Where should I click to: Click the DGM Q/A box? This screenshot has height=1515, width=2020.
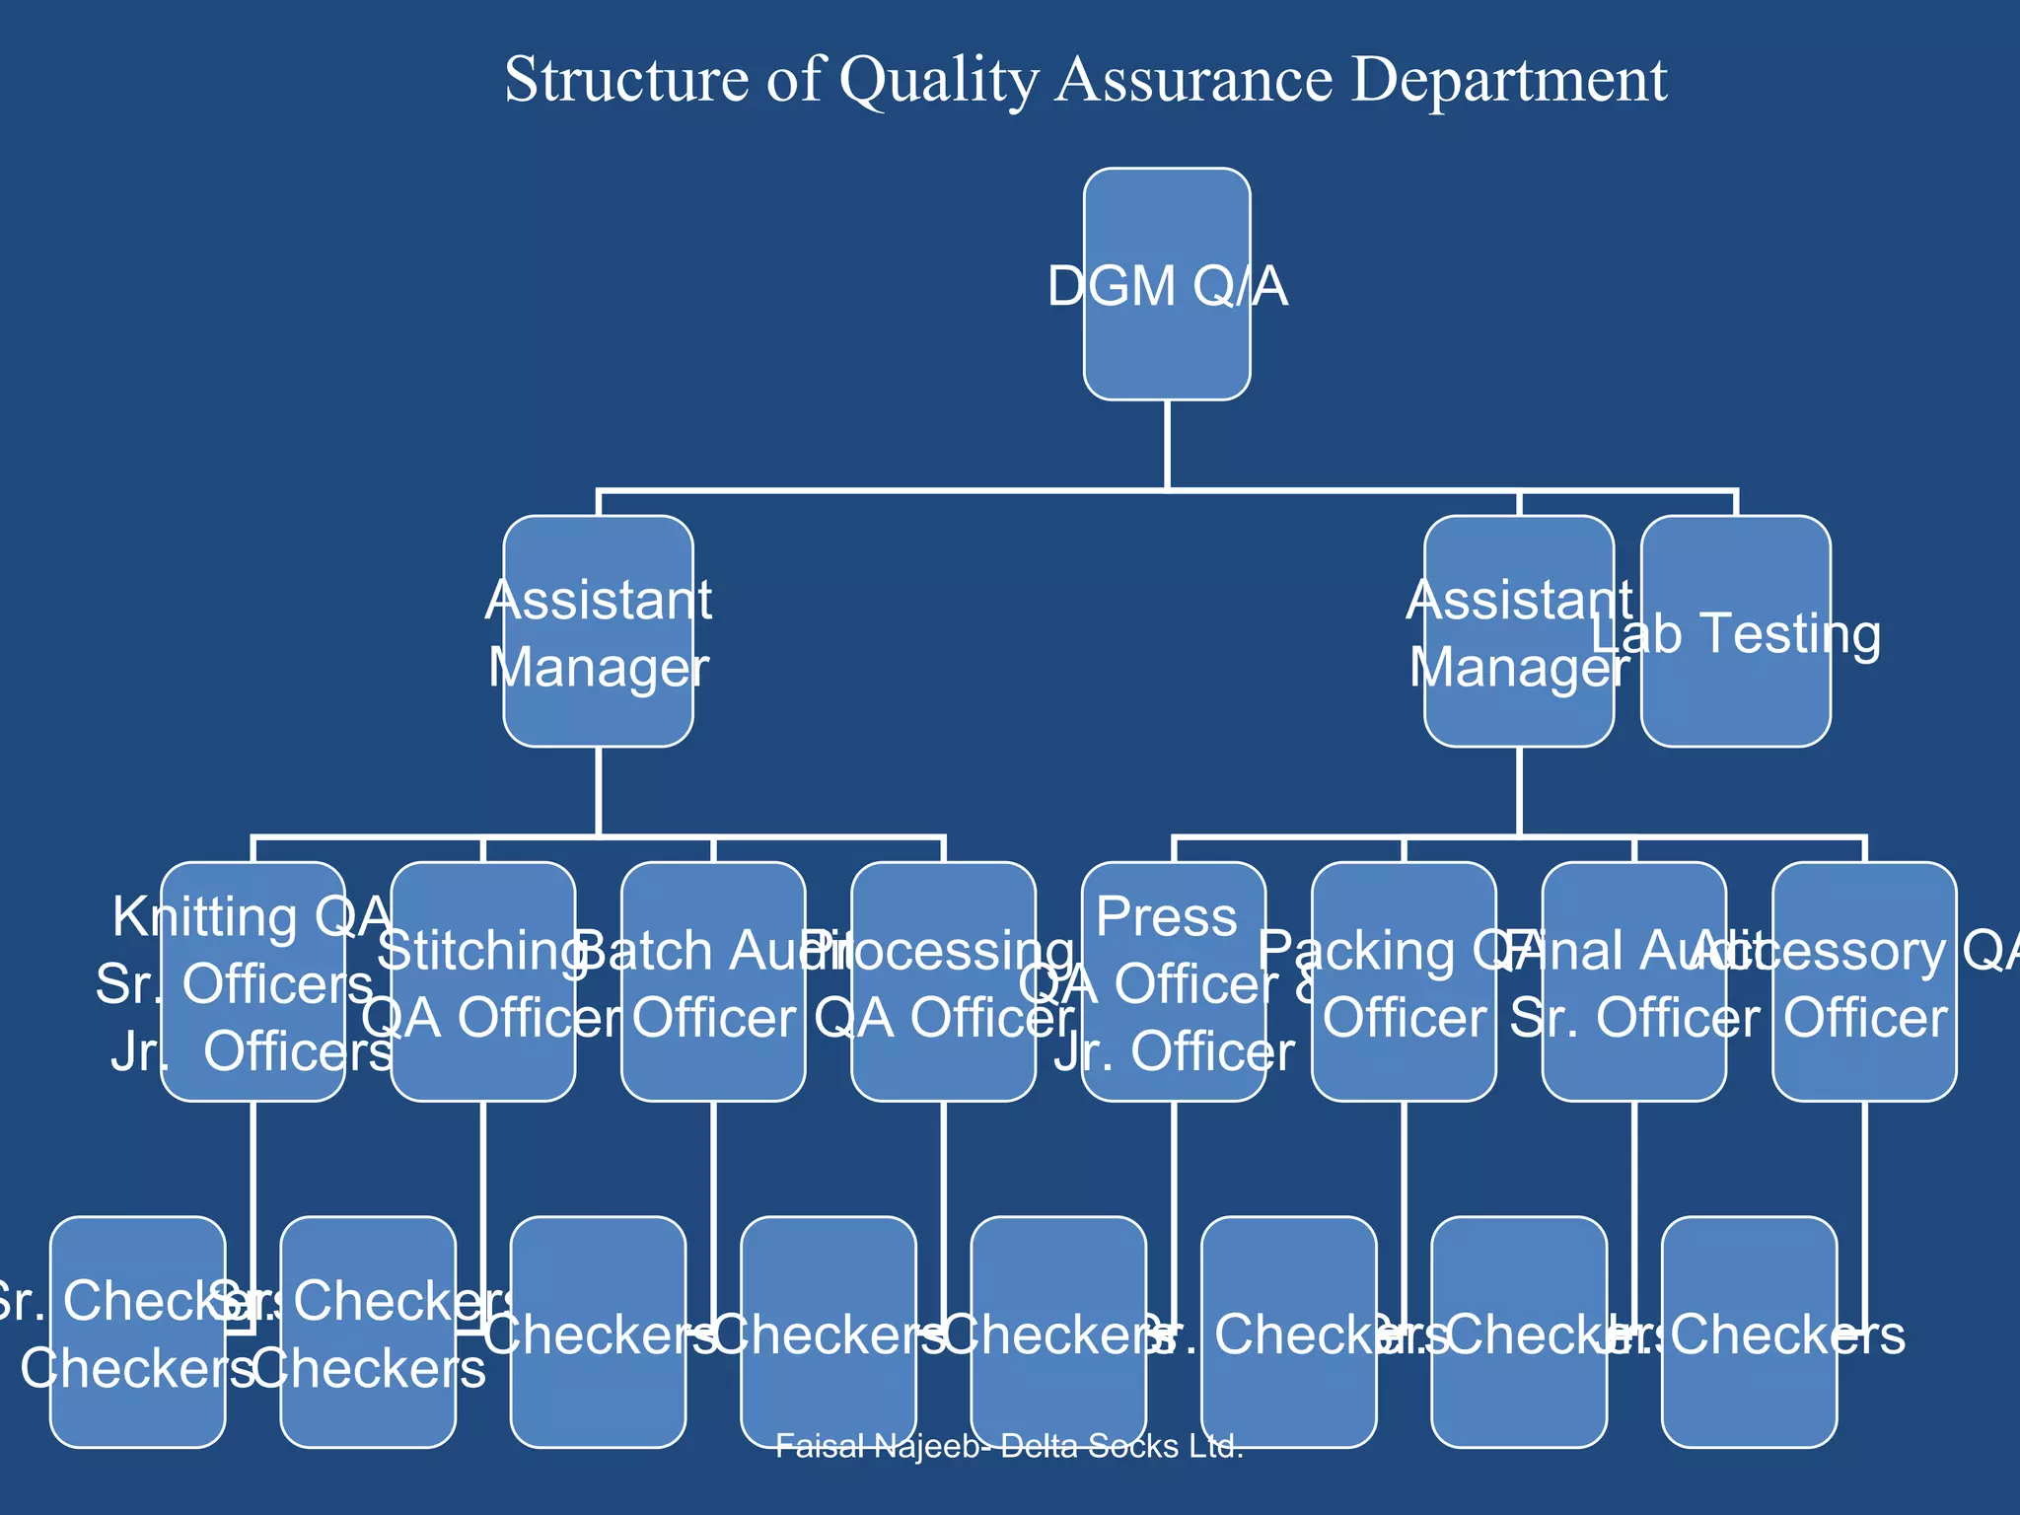(x=1167, y=284)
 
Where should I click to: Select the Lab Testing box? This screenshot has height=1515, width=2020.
(x=1736, y=631)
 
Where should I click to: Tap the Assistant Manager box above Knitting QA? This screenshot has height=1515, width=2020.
(x=598, y=631)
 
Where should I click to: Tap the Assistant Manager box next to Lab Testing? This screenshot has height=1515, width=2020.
(x=1519, y=631)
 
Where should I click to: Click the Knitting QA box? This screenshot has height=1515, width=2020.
(x=252, y=981)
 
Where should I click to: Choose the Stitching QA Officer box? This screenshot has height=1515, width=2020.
(x=483, y=981)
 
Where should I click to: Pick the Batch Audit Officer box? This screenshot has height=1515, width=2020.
(x=713, y=981)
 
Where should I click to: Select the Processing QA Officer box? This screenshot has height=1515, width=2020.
(x=944, y=981)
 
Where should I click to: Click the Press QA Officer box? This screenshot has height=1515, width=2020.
(x=1174, y=981)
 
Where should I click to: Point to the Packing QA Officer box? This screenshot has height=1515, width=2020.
(x=1404, y=981)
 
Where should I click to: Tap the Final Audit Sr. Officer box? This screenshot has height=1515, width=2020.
(x=1634, y=981)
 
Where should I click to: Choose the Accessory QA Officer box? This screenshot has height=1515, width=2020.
(x=1864, y=981)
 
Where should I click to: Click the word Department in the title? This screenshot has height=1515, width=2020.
(x=1509, y=79)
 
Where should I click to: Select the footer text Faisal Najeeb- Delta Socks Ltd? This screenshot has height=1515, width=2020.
(x=1009, y=1447)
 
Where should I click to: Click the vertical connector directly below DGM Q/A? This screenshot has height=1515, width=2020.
(x=1167, y=444)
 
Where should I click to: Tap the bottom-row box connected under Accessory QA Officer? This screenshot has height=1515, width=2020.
(x=1749, y=1332)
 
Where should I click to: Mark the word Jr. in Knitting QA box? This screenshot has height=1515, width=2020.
(x=134, y=1052)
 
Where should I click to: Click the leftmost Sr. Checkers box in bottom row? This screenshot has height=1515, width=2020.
(x=138, y=1332)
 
